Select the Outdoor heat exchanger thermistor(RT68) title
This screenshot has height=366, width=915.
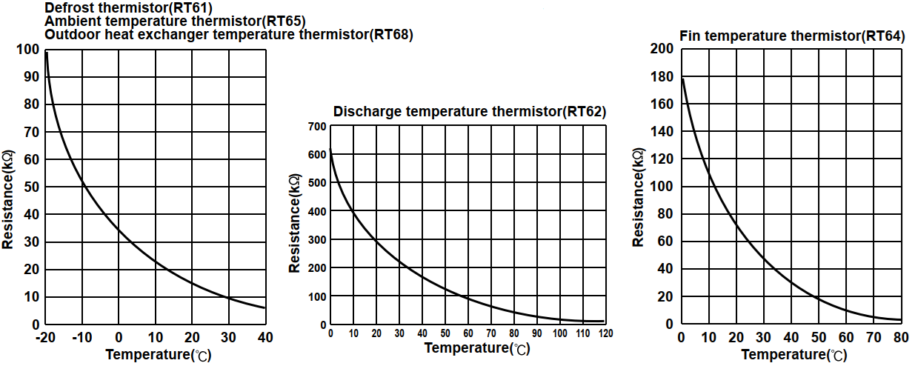click(229, 34)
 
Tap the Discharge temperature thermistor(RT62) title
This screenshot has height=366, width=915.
click(470, 112)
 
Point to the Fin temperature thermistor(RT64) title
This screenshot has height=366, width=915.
click(792, 35)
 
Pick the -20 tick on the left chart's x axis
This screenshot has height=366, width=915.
click(45, 338)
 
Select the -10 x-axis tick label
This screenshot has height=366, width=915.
click(81, 338)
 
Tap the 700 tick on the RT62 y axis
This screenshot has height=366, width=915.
click(317, 127)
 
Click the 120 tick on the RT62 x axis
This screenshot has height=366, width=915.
click(606, 334)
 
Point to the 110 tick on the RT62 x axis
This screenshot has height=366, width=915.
click(583, 334)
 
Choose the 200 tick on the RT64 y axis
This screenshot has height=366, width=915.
click(662, 49)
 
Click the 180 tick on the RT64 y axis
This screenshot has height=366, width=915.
click(662, 77)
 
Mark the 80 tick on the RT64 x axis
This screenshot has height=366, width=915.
click(900, 338)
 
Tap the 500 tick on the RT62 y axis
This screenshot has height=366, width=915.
click(317, 183)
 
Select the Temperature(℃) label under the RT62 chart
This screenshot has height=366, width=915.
click(477, 348)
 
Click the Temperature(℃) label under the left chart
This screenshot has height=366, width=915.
click(158, 354)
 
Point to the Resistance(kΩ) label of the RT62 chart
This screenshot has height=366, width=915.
click(295, 224)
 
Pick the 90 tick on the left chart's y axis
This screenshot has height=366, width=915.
click(32, 77)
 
